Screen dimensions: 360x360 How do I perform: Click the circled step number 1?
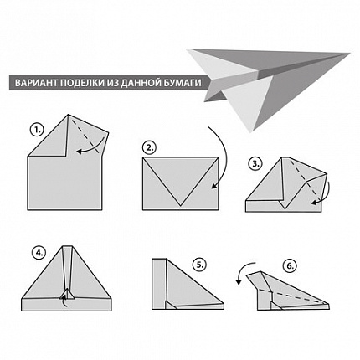point(38,131)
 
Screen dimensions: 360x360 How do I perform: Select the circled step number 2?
point(150,148)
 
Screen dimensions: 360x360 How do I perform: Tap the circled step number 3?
point(255,164)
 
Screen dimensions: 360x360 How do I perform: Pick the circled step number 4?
point(39,254)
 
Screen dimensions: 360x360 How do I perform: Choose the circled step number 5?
point(199,265)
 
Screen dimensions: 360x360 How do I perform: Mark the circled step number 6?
point(290,266)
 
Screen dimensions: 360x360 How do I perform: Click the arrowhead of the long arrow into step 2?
point(214,186)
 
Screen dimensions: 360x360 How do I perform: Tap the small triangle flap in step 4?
point(67,294)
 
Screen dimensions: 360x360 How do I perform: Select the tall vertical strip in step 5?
point(159,284)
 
